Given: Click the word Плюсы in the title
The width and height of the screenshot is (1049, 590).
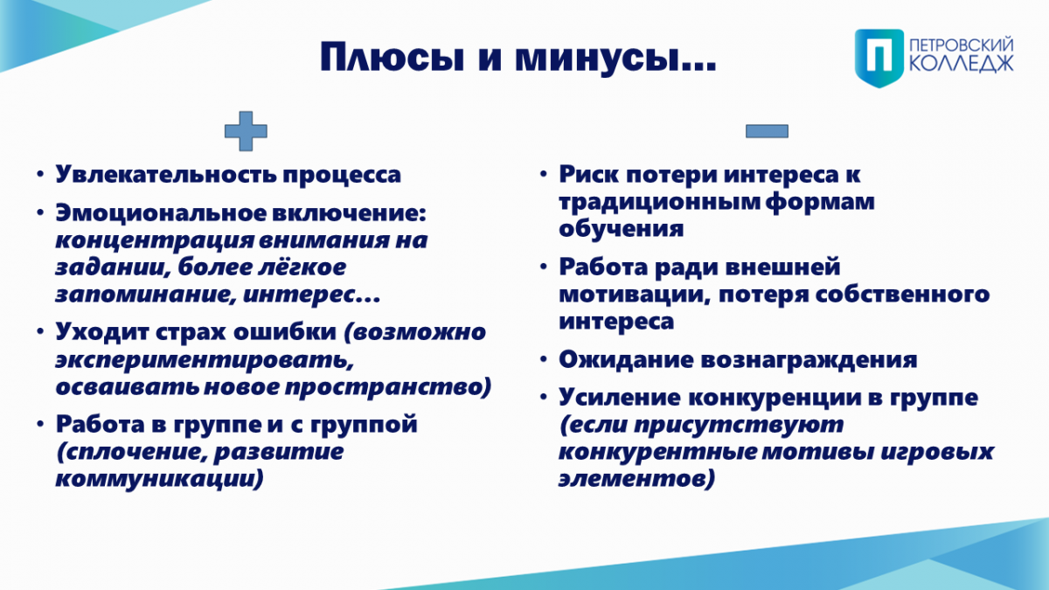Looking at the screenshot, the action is click(x=393, y=58).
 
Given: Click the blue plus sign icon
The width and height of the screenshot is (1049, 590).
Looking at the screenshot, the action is click(x=246, y=131).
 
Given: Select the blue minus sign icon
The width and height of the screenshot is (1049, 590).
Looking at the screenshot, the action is click(x=767, y=131).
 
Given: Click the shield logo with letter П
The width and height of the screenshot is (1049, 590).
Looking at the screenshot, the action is click(x=879, y=58).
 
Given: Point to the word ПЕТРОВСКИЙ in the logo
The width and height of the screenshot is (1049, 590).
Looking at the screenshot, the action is click(x=962, y=45).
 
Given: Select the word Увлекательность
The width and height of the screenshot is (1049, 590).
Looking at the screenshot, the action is click(x=166, y=175).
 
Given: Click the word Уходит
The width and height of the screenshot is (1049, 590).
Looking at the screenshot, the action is click(x=101, y=332).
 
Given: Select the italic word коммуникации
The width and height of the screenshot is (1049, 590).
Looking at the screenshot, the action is click(x=159, y=479).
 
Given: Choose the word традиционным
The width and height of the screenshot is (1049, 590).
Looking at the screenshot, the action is click(x=659, y=202).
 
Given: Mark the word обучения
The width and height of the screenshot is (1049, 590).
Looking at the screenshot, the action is click(x=622, y=229).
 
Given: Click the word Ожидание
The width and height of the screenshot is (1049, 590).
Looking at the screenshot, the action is click(x=626, y=360).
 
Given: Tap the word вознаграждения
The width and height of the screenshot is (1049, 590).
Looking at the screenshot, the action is click(x=809, y=360).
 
